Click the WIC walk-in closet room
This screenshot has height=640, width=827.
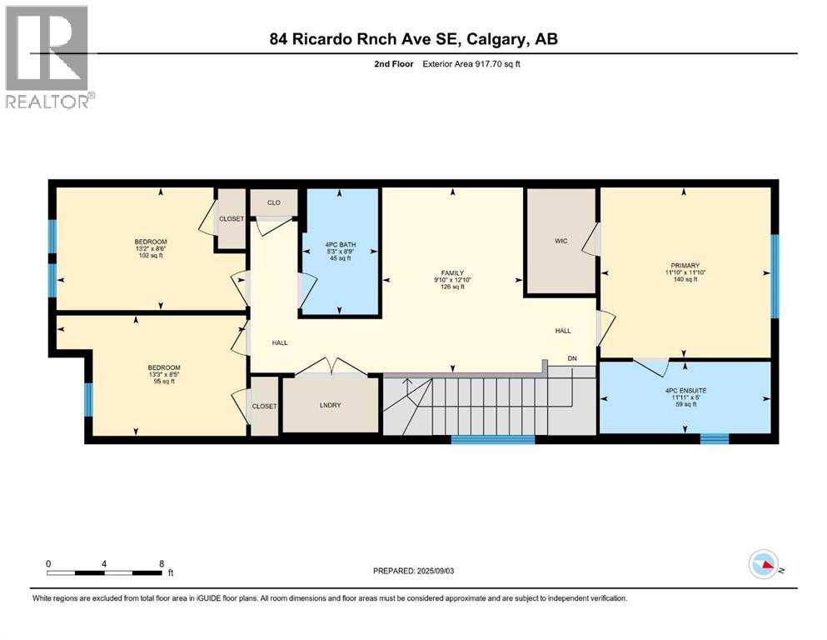point(560,241)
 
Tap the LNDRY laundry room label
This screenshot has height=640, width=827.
point(331,405)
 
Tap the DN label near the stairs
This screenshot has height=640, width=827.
point(572,358)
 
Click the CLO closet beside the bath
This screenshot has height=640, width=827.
point(274,202)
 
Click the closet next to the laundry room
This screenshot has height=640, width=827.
point(264,406)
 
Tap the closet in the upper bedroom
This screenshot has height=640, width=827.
point(231,219)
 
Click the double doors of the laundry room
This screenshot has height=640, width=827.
point(331,367)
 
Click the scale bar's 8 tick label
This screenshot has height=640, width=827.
point(161,563)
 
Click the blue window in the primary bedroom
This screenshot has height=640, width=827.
point(774,276)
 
